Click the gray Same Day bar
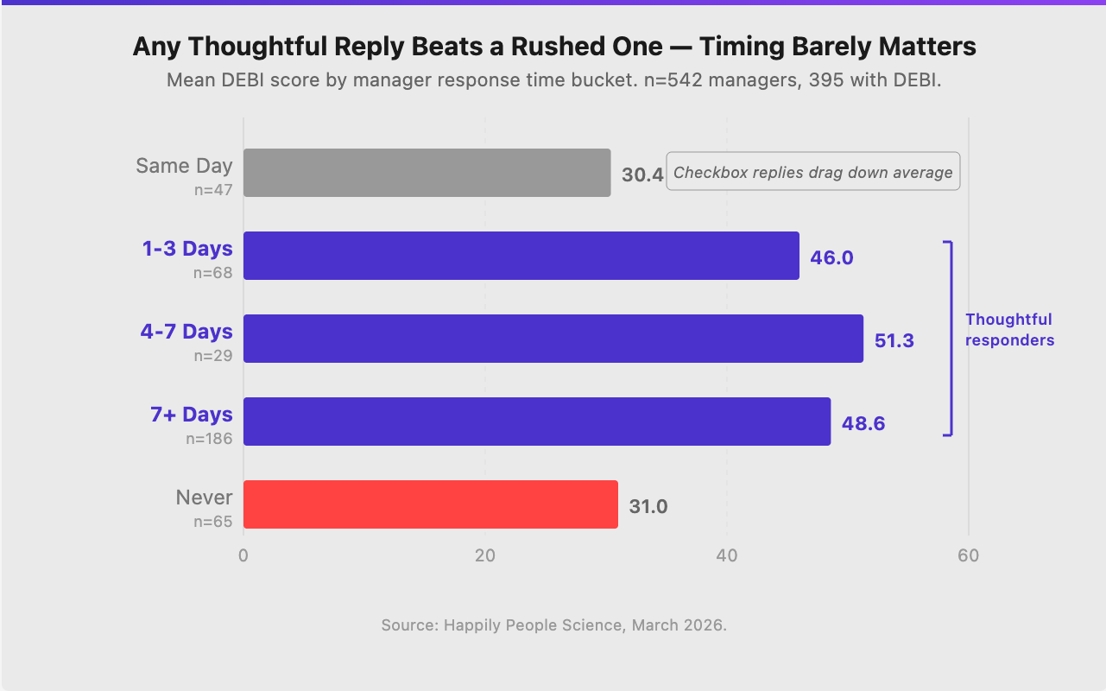427,173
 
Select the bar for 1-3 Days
521,256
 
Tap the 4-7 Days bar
553,339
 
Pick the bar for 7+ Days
536,422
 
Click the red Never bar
430,504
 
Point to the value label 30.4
642,174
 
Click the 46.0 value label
831,257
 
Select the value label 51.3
894,340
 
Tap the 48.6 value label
863,423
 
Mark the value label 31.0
648,506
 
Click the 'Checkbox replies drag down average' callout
812,172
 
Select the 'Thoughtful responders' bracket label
1009,330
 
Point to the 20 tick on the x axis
484,555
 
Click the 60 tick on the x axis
968,555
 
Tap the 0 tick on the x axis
243,555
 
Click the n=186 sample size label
209,438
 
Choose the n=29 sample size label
212,355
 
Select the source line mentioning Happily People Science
553,624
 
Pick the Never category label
204,498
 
